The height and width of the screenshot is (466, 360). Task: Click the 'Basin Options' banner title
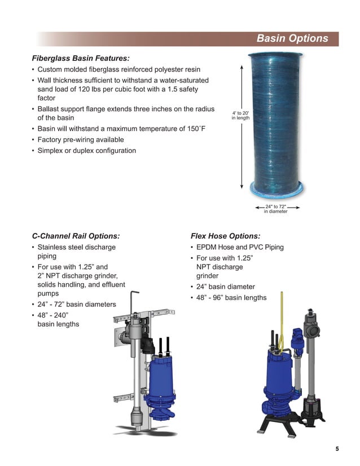(x=292, y=38)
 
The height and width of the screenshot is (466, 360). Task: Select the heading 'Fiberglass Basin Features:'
(x=81, y=58)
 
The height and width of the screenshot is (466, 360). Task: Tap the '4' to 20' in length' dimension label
(x=240, y=115)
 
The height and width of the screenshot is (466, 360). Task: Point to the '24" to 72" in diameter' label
(x=276, y=209)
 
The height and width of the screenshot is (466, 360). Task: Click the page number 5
(x=337, y=449)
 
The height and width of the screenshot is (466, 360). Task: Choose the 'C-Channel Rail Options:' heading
(x=76, y=236)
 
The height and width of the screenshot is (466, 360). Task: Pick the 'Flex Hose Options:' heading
(x=225, y=236)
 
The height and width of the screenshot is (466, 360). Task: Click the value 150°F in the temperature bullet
(x=196, y=129)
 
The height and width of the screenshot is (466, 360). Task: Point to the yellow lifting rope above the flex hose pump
(x=282, y=321)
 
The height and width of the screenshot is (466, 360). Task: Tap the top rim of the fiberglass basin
(x=275, y=55)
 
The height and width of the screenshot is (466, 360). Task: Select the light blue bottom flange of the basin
(x=276, y=190)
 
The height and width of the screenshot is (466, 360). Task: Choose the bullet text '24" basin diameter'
(x=226, y=287)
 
